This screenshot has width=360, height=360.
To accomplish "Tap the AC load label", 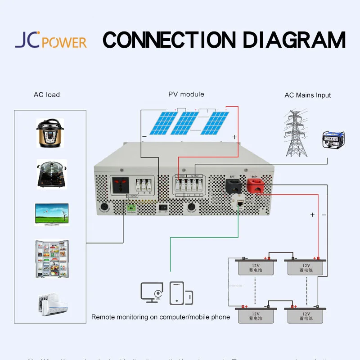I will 47,94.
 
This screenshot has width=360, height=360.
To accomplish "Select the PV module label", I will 186,94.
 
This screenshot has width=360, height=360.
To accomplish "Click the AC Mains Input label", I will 308,95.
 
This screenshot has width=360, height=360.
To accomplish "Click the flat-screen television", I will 52,214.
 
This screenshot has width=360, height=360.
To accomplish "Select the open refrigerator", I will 51,259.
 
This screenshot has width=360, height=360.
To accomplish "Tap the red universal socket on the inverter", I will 120,184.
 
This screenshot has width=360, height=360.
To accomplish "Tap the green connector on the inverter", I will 131,208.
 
